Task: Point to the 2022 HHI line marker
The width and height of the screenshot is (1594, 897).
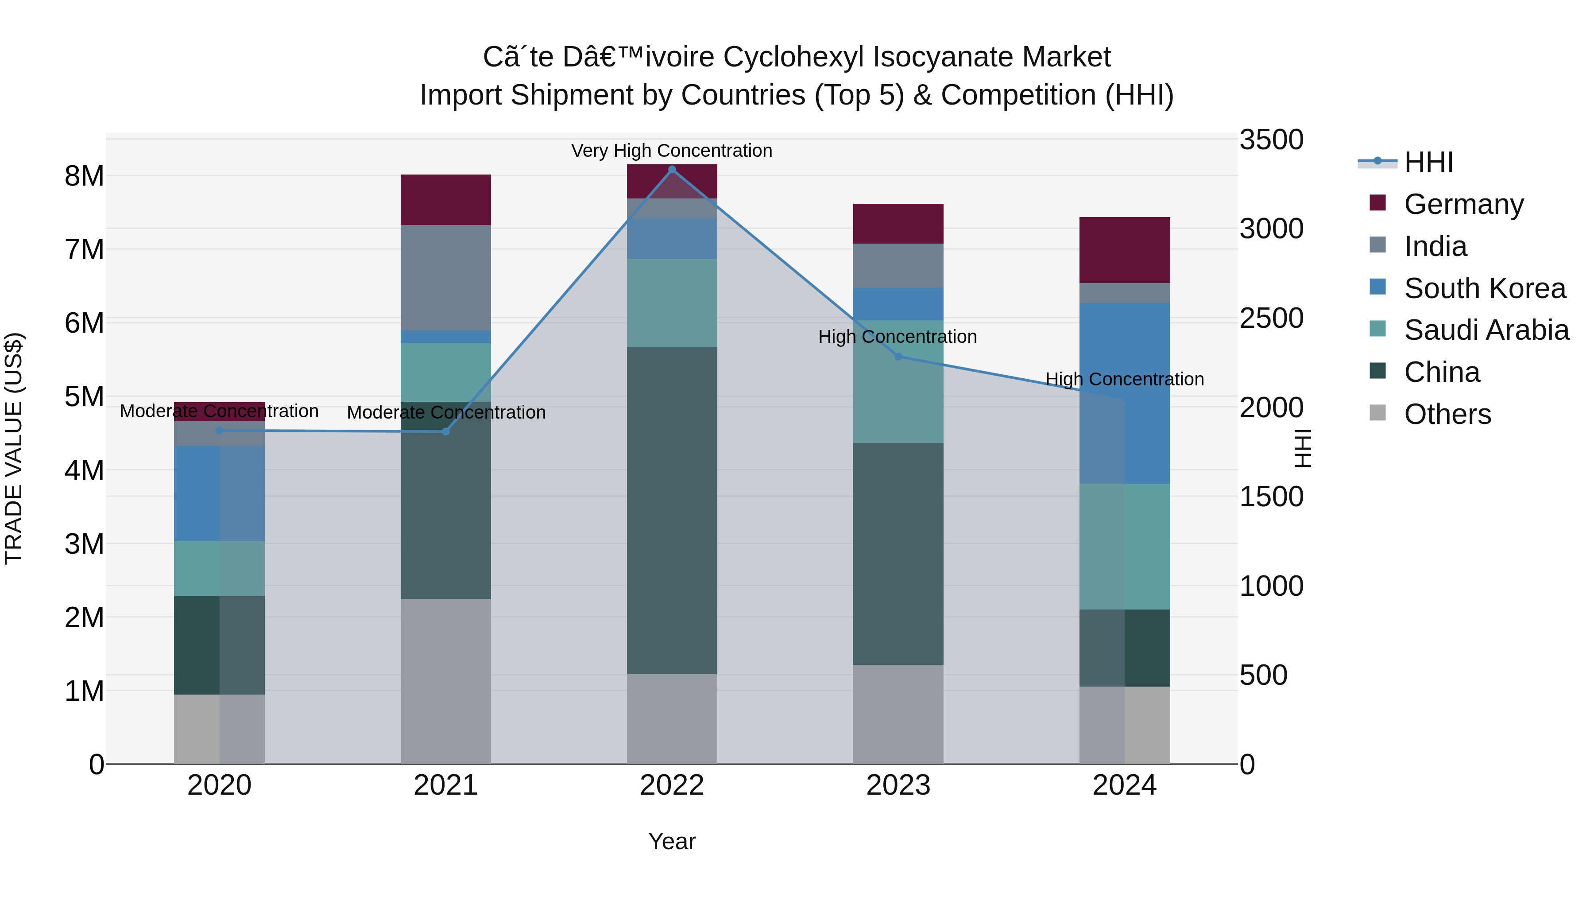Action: [x=672, y=169]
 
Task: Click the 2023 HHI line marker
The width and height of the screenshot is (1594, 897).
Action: [x=898, y=357]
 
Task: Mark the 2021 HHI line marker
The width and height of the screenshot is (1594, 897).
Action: [x=445, y=431]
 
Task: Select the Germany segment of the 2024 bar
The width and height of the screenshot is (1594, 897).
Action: [x=1124, y=250]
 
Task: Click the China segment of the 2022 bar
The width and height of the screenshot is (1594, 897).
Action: [x=672, y=511]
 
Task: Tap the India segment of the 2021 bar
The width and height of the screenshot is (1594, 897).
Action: [x=445, y=277]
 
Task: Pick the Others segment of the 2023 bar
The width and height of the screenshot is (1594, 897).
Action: [x=898, y=714]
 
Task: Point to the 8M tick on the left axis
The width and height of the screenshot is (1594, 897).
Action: [x=84, y=176]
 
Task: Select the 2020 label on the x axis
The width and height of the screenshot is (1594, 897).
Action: [x=219, y=785]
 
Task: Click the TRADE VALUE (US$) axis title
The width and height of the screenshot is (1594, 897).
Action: [x=14, y=449]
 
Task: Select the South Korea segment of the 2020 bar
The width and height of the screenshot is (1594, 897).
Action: [x=219, y=493]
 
